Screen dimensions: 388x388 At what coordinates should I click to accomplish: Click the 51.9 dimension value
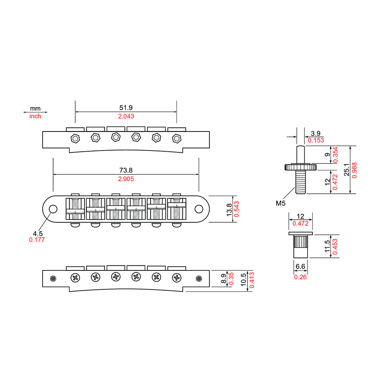(x=126, y=107)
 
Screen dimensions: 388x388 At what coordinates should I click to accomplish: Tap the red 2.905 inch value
(x=126, y=179)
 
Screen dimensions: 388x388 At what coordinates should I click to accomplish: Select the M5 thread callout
(x=281, y=203)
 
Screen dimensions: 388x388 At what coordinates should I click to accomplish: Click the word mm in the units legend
(x=35, y=108)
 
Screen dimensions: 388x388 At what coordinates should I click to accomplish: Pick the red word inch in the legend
(x=35, y=116)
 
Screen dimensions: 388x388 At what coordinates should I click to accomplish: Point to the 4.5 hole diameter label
(x=38, y=233)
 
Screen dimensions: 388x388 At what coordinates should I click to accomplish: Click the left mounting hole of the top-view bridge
(x=53, y=209)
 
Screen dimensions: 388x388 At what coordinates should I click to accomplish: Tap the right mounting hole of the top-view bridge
(x=199, y=209)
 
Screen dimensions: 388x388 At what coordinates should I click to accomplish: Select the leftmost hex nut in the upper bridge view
(x=75, y=139)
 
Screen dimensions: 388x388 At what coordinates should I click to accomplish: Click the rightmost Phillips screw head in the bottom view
(x=177, y=278)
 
